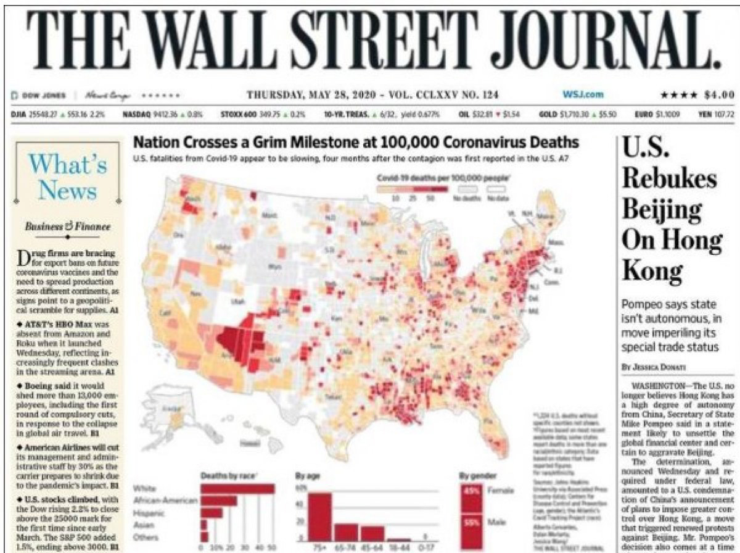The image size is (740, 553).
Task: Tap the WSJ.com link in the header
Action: (x=583, y=94)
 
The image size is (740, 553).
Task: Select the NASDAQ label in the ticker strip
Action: (x=136, y=114)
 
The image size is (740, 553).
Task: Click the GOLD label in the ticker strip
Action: (x=548, y=114)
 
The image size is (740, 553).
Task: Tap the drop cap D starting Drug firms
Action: (x=25, y=259)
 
